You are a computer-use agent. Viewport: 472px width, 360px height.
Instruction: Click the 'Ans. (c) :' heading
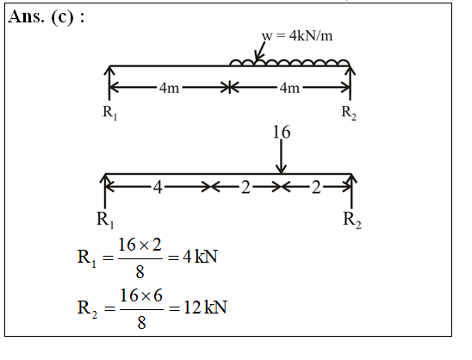pos(46,17)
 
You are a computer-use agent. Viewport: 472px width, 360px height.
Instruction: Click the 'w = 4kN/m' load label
pos(297,36)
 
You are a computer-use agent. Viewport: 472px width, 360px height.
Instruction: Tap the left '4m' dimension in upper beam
pos(169,88)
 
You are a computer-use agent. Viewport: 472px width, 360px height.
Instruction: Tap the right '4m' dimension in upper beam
pos(289,88)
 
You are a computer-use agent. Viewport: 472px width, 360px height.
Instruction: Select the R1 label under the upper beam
pos(110,113)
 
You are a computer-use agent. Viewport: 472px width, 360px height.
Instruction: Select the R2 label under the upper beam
pos(349,113)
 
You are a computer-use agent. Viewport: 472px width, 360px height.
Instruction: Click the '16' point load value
pos(282,132)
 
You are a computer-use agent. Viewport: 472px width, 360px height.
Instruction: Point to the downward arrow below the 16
pos(282,157)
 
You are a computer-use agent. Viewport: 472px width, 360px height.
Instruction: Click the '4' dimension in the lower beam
pos(158,187)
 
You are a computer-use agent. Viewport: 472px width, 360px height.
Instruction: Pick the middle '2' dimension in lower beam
pos(245,187)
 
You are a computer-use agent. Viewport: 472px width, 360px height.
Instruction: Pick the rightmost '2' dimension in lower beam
pos(316,187)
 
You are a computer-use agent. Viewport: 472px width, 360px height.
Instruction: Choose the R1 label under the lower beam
pos(105,220)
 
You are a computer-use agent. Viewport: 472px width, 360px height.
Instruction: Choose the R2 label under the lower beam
pos(352,220)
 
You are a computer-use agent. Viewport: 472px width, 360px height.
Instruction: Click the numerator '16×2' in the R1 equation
pos(140,245)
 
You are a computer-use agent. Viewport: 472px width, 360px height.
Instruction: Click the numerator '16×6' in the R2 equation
pos(141,295)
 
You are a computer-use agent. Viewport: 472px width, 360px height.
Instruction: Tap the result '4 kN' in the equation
pos(200,257)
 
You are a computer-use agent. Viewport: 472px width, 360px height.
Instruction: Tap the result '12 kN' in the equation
pos(205,307)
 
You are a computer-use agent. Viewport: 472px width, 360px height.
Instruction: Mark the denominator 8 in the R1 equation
pos(140,272)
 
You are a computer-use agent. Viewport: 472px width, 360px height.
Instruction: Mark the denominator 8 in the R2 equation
pos(141,323)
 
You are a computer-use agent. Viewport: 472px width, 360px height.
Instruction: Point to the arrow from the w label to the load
pos(260,51)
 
